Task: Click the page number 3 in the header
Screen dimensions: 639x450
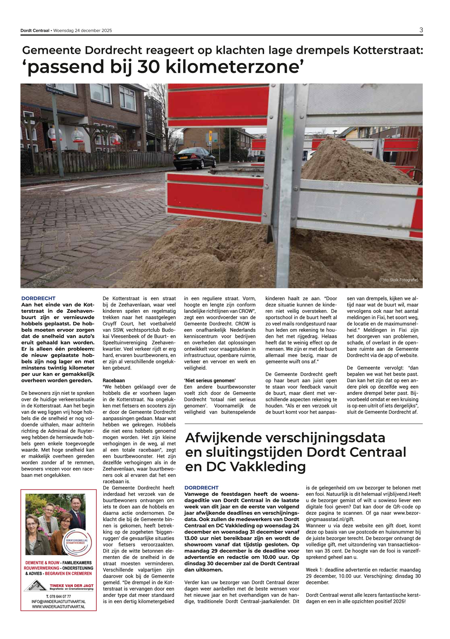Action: (x=421, y=30)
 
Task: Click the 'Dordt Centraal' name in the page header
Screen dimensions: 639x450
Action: (x=35, y=31)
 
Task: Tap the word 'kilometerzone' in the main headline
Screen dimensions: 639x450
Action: (x=232, y=67)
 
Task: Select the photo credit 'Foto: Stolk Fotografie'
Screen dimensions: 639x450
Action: (x=398, y=280)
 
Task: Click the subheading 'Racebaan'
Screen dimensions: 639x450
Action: (x=114, y=380)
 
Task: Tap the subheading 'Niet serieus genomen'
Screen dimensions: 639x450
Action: (x=210, y=380)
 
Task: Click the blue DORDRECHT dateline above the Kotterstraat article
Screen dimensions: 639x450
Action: (x=39, y=298)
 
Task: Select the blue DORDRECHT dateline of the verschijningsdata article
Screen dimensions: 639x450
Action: (x=201, y=488)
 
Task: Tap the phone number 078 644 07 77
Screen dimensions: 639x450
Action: (x=58, y=597)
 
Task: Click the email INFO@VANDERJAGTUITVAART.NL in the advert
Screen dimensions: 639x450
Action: (x=58, y=602)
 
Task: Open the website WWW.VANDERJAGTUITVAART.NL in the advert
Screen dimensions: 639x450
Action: (x=58, y=607)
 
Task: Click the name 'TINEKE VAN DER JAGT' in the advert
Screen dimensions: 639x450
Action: (x=71, y=586)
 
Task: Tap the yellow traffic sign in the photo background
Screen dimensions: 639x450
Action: (x=210, y=133)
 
